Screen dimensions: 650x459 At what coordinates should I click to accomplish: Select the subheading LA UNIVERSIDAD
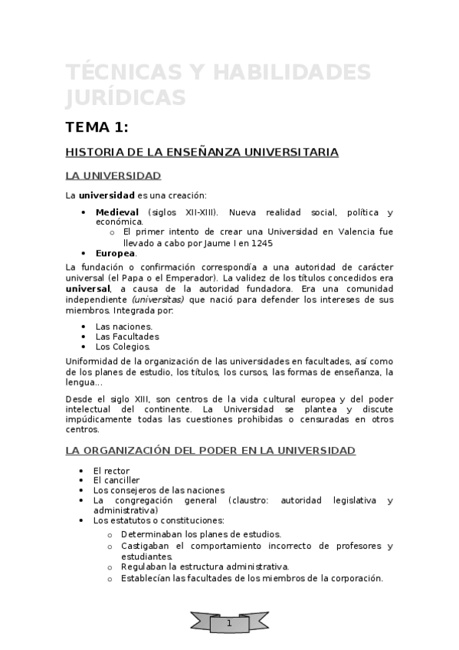(113, 176)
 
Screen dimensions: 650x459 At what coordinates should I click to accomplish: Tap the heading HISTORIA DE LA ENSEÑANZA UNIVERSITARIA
(202, 153)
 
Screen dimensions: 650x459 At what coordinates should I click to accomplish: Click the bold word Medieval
(116, 212)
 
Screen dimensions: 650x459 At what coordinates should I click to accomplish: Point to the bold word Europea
(115, 253)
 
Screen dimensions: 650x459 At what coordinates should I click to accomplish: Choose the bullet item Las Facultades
(126, 336)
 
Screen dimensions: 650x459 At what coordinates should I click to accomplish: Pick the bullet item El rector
(111, 470)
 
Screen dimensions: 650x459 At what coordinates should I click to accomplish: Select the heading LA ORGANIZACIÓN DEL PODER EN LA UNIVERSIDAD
(210, 451)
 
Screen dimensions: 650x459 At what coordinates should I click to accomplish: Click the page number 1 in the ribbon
(229, 625)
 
